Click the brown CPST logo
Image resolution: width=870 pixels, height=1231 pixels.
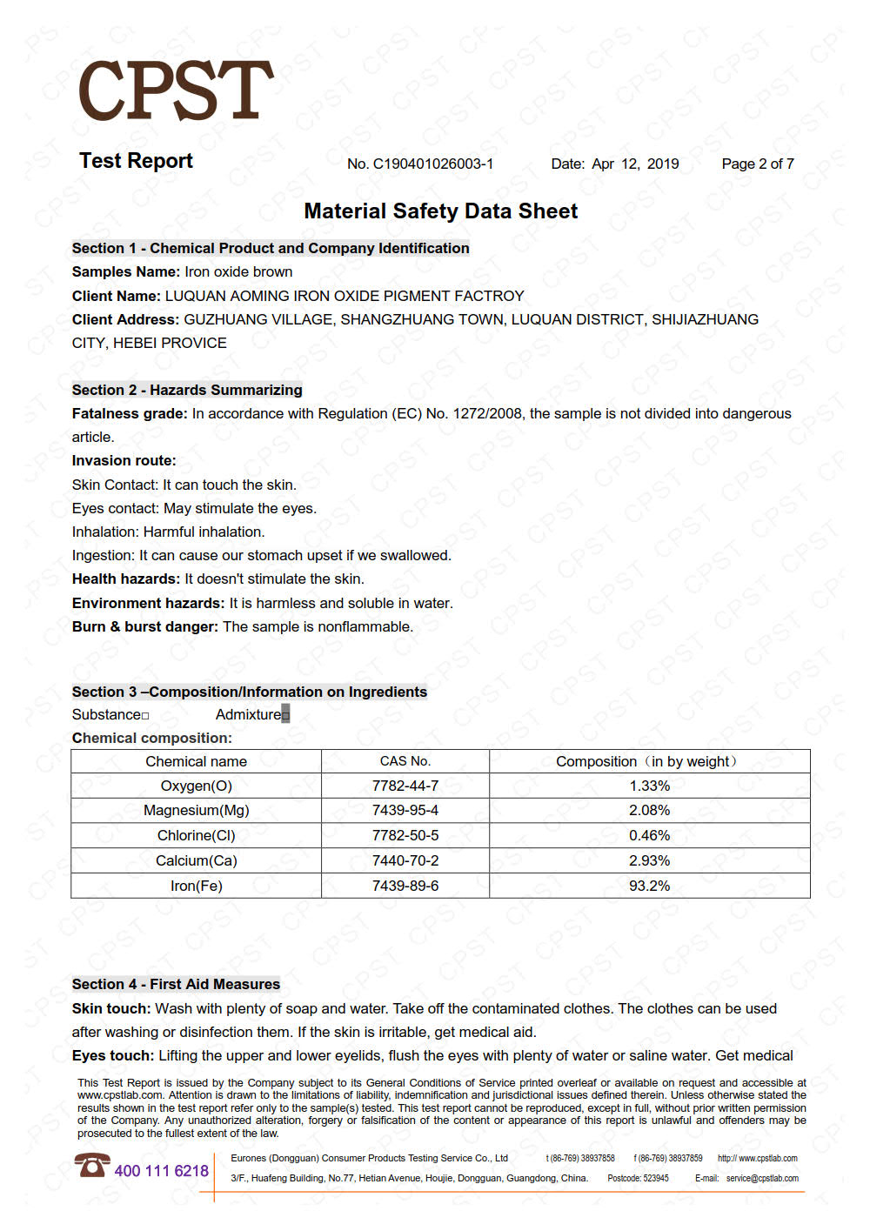(176, 90)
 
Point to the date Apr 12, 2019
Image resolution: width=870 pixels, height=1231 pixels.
(635, 164)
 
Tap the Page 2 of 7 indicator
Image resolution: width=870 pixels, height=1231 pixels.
(757, 164)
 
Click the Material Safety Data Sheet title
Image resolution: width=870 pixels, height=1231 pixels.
(440, 211)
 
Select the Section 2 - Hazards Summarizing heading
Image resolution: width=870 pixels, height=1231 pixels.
(187, 390)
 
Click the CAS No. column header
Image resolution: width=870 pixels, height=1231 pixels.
(405, 761)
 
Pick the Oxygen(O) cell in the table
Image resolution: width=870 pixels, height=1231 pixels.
(196, 786)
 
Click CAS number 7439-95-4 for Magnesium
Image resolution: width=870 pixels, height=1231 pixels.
(405, 810)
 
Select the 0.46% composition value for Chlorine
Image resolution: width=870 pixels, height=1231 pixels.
(649, 835)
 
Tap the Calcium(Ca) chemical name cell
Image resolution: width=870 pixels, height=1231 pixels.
(196, 860)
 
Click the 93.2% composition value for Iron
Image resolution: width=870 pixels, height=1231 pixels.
(649, 886)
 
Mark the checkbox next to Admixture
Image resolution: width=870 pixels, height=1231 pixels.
(285, 715)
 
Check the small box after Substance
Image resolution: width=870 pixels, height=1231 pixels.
(145, 716)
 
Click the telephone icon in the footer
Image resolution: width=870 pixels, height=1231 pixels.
(91, 1165)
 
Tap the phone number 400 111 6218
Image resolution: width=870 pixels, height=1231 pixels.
(162, 1171)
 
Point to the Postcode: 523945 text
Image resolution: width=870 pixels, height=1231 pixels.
(638, 1179)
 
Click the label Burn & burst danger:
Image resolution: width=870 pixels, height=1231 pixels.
(144, 626)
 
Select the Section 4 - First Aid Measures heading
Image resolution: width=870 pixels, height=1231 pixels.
(176, 984)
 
